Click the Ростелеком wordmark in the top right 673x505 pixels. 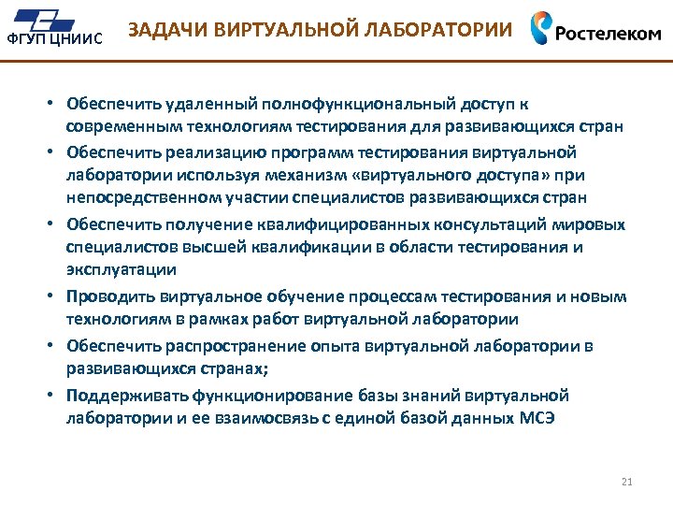tap(609, 33)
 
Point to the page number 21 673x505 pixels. tap(626, 482)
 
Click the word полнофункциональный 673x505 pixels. tap(348, 103)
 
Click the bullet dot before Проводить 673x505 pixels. tap(55, 297)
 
